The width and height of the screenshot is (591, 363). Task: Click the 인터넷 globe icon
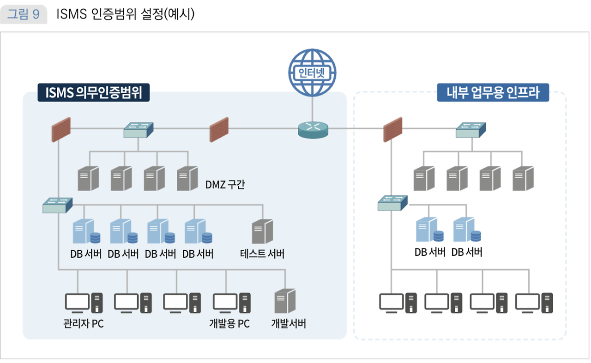click(312, 73)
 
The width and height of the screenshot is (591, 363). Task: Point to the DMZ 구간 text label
click(225, 185)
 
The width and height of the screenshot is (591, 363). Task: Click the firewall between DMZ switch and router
click(219, 130)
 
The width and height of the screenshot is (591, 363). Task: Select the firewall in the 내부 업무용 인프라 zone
click(393, 130)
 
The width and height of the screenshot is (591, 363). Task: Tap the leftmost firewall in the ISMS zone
click(61, 130)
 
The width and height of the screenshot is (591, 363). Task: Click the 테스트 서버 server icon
click(262, 232)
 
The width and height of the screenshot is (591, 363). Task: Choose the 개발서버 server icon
click(284, 302)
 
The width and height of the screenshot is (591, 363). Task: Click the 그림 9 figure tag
click(24, 15)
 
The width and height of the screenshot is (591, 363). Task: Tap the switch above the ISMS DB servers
click(58, 205)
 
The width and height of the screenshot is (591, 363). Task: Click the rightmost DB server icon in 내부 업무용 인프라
click(467, 230)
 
